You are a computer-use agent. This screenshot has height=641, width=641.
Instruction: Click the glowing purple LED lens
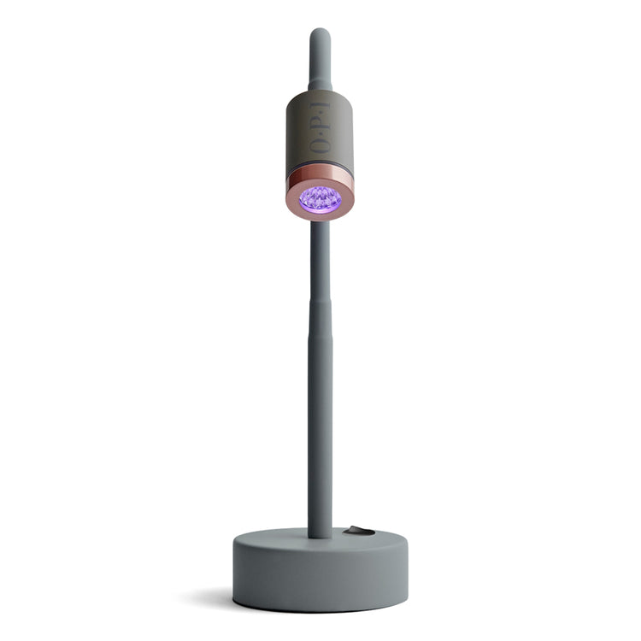pos(320,200)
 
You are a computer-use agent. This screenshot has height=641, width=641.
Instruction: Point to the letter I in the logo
pos(320,105)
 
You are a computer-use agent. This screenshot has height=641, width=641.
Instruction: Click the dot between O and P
pos(320,132)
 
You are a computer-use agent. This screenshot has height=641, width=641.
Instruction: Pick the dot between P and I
pos(320,111)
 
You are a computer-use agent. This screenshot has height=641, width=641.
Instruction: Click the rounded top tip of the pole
pos(320,31)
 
